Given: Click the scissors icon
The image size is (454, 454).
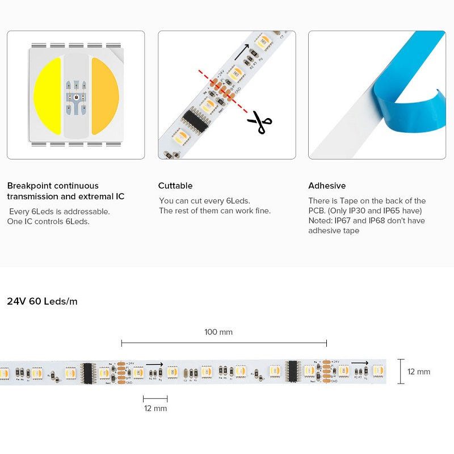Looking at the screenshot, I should click(x=259, y=122).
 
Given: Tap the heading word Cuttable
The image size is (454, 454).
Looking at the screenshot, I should click(x=175, y=186).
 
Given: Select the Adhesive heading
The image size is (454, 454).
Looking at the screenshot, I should click(x=327, y=186).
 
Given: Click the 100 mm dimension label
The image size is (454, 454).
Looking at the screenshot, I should click(x=218, y=332).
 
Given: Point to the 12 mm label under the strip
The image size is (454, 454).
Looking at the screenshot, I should click(x=155, y=408).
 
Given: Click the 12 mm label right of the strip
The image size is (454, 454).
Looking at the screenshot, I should click(x=419, y=372).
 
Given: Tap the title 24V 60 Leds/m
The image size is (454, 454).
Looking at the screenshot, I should click(x=42, y=301).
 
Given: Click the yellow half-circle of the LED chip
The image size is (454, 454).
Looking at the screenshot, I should click(x=48, y=95).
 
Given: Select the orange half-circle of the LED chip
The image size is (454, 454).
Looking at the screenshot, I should click(x=105, y=95).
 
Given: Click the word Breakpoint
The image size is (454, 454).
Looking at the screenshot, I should click(x=28, y=186).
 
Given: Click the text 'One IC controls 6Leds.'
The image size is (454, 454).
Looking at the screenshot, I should click(x=48, y=221).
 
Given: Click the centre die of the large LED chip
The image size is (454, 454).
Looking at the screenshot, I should click(x=76, y=95).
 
